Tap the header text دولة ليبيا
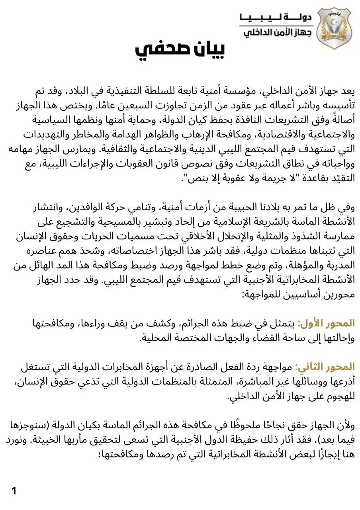click(277, 17)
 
